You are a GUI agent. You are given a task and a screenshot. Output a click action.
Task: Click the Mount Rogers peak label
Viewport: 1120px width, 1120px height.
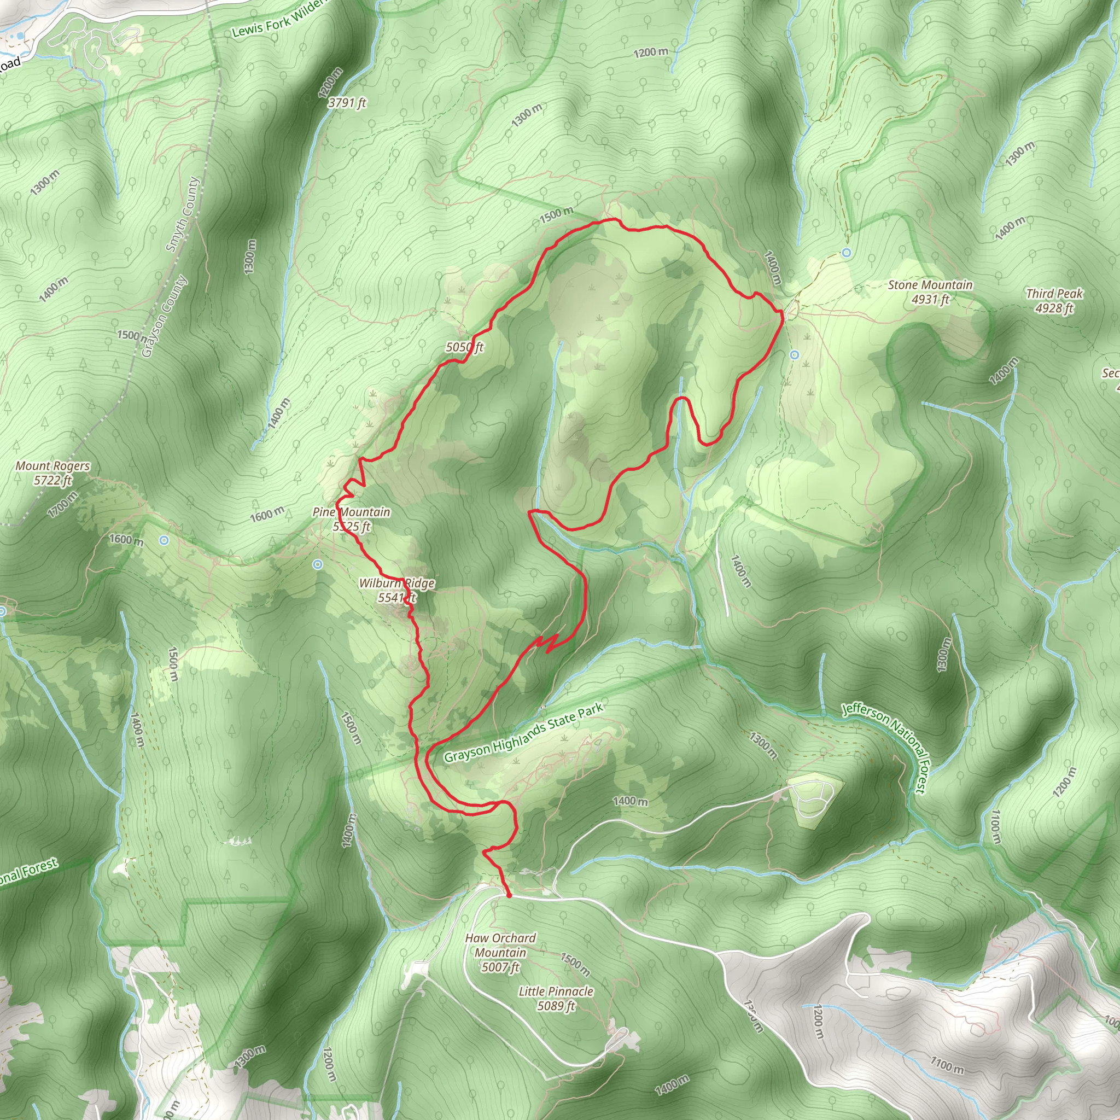[52, 472]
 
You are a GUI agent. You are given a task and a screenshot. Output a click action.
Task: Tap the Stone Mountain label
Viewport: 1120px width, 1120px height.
[930, 291]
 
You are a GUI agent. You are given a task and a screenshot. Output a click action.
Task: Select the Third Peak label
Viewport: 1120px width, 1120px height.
[1054, 300]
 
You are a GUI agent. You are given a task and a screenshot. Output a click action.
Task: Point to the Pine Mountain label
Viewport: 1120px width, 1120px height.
[351, 519]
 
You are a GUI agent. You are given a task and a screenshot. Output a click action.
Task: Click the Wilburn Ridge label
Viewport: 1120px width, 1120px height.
[396, 590]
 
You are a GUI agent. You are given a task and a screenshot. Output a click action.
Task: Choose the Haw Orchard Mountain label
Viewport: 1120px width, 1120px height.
[500, 952]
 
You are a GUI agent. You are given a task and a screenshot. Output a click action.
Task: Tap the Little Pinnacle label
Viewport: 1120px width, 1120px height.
[556, 998]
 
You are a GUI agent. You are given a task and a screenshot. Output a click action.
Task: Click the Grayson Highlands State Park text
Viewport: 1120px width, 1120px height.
[523, 733]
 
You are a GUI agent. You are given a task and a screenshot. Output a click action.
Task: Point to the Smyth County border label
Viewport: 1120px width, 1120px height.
[183, 214]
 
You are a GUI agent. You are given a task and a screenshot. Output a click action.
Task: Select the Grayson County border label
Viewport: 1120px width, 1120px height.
[165, 316]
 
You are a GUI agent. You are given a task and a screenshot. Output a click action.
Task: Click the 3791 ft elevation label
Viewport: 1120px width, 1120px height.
[347, 103]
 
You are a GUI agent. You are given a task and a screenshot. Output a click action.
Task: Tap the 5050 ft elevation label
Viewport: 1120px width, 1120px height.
[464, 347]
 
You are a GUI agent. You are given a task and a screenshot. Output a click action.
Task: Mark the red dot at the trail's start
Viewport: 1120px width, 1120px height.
[509, 895]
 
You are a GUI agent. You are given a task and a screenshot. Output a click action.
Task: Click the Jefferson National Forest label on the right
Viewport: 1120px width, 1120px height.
[886, 748]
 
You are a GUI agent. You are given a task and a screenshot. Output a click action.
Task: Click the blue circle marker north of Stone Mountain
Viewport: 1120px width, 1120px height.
[847, 252]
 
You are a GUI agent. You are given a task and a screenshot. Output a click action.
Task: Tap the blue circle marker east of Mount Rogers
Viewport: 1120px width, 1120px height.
[164, 540]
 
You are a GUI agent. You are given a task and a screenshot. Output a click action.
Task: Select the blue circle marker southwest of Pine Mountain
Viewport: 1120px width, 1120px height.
[317, 564]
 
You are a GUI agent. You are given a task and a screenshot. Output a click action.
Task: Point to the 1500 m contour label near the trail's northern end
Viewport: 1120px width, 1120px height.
[557, 215]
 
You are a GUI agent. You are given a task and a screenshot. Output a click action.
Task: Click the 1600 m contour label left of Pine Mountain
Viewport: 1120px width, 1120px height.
[267, 513]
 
